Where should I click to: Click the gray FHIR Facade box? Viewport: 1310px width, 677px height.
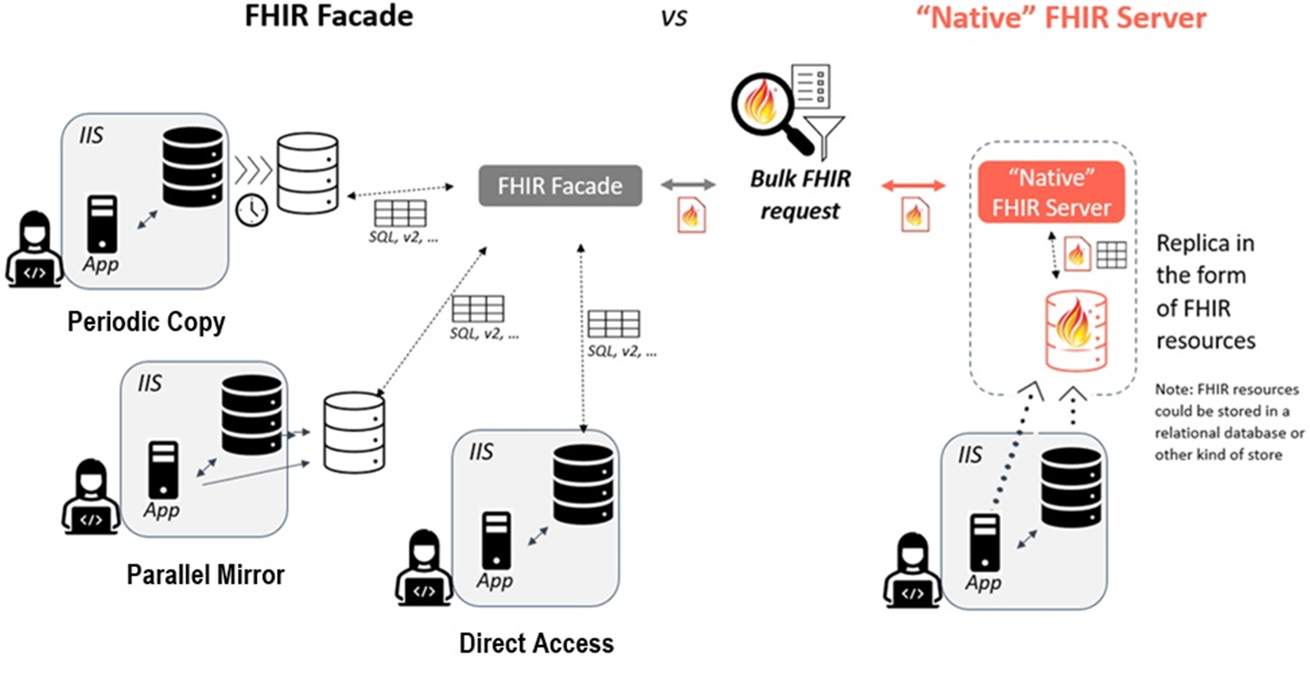[x=560, y=186]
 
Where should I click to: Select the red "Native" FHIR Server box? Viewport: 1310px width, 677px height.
[x=1051, y=192]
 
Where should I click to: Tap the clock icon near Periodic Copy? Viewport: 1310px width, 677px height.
[x=251, y=211]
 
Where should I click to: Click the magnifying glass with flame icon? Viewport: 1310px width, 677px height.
[x=765, y=112]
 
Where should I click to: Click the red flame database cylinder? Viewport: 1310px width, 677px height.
[x=1076, y=331]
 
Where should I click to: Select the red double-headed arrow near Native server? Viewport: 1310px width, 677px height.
[x=914, y=185]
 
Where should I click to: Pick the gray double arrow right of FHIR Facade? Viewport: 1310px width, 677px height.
[x=689, y=185]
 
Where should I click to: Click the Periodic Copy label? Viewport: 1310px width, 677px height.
[x=146, y=322]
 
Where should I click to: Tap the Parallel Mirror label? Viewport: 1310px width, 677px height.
[x=206, y=575]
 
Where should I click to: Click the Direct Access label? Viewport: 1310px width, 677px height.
[x=536, y=643]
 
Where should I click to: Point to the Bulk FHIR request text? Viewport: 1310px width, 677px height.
[x=799, y=195]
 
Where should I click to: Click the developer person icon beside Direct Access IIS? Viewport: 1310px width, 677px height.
[x=423, y=568]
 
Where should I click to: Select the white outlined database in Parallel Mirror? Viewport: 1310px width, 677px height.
[x=354, y=432]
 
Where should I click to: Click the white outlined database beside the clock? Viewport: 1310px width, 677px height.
[x=307, y=173]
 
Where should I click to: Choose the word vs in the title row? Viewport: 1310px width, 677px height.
[x=673, y=18]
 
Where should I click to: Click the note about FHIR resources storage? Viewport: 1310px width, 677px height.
[x=1229, y=422]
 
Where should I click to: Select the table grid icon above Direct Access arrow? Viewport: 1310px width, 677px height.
[x=613, y=324]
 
